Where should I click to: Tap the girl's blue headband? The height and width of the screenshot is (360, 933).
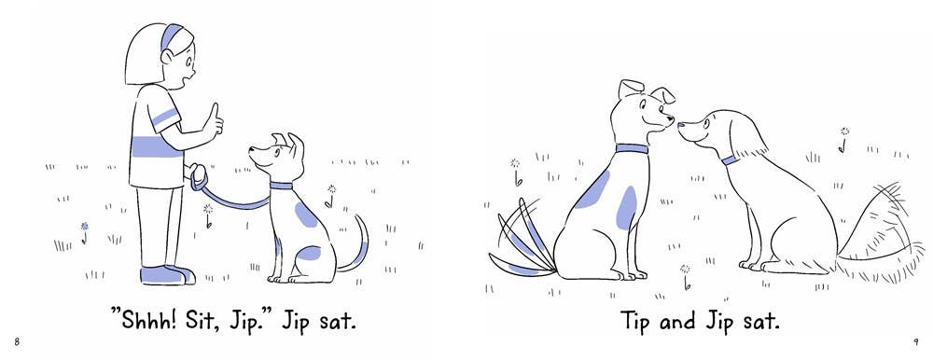coord(171,35)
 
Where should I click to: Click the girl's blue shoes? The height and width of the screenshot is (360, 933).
coord(168,275)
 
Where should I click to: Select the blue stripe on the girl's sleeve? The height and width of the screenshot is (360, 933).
coord(165,117)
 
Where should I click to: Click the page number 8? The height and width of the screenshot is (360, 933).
coord(17,341)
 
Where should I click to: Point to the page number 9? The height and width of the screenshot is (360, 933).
coord(916,341)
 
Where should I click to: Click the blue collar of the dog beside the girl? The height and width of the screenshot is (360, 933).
coord(281,186)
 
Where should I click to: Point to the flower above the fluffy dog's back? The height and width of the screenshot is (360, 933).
coord(843,139)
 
